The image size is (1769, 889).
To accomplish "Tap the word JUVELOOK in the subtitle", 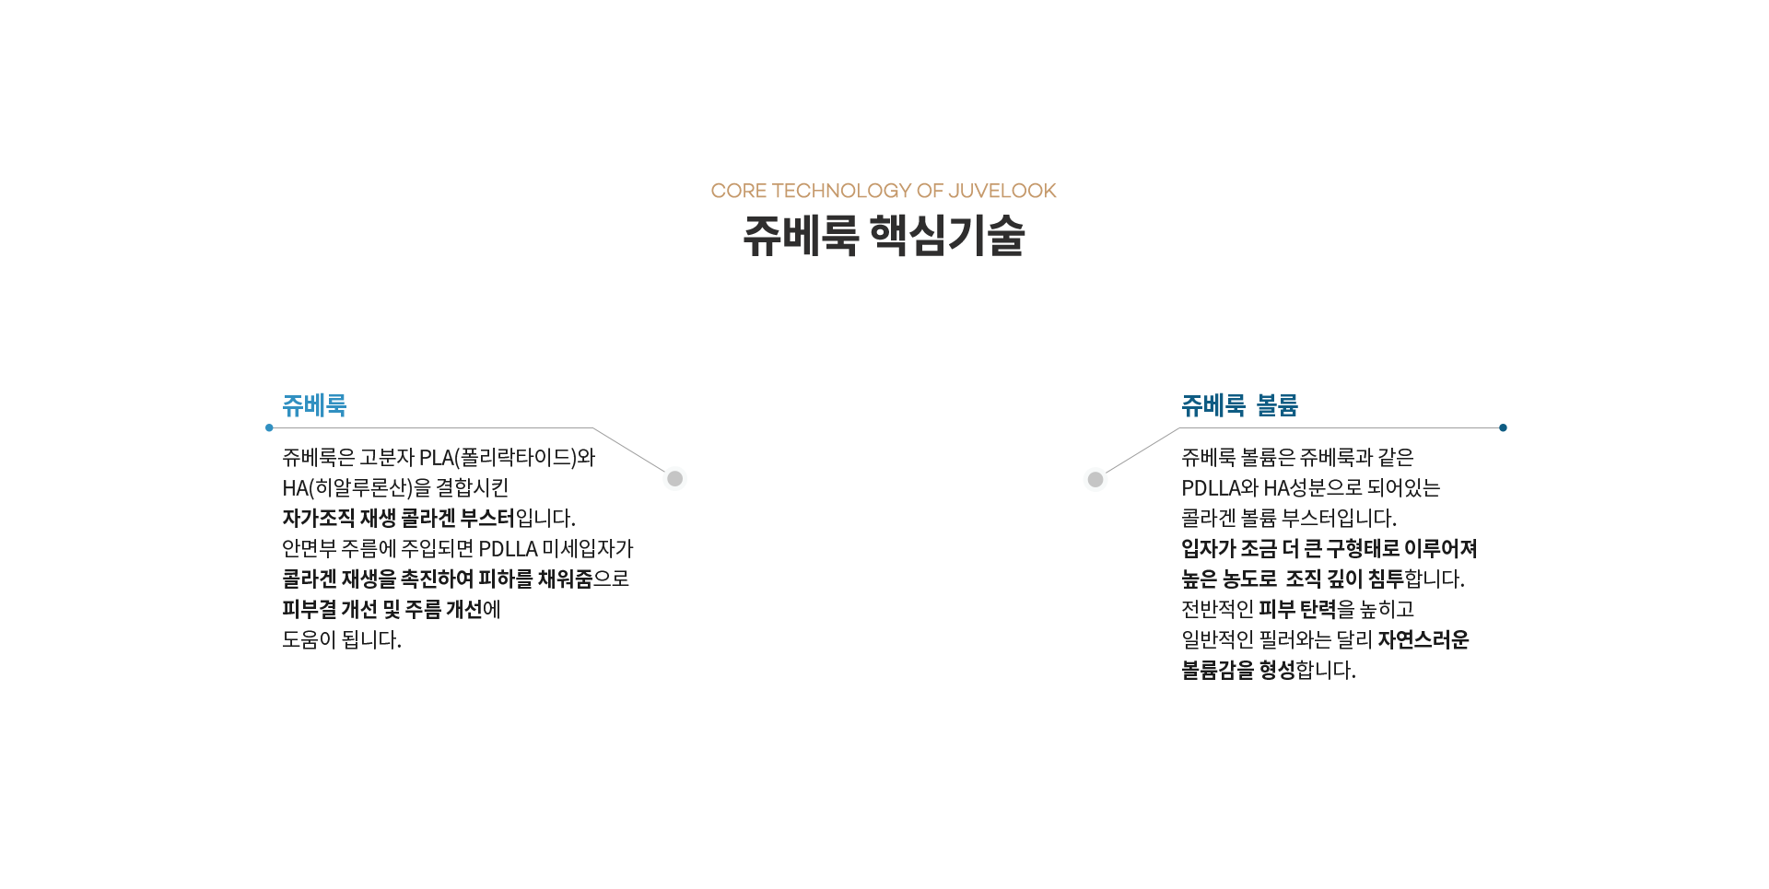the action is coord(1002,191).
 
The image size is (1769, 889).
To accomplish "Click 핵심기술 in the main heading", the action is coord(947,235).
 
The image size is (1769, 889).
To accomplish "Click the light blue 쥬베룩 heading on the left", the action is coord(314,405).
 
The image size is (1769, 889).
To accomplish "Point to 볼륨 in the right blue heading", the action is coord(1277,405).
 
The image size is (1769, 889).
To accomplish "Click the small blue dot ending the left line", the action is coord(269,427).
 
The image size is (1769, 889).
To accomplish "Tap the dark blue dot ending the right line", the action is coord(1503,427).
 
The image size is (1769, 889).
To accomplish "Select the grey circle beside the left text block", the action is coord(675,478).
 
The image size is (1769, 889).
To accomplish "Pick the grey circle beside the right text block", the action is coord(1095,479).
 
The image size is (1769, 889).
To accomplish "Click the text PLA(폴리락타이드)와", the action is coord(508,458).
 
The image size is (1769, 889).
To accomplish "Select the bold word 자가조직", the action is coord(319,519).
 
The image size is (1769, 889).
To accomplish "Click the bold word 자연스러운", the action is coord(1423,640).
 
